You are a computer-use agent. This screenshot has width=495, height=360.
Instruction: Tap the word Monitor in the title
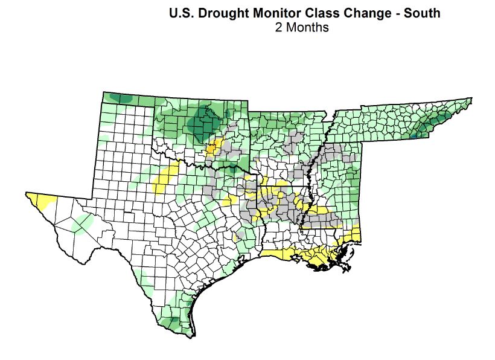pos(275,13)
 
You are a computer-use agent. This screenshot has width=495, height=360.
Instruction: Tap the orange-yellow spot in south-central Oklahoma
pos(213,147)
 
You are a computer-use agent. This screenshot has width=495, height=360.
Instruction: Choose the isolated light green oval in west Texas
pos(83,224)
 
